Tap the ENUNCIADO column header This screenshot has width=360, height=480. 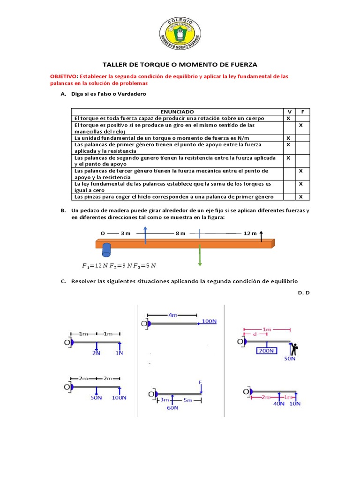point(176,112)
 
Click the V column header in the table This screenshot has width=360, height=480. point(289,112)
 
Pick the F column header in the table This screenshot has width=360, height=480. point(303,112)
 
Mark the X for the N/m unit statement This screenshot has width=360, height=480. point(289,138)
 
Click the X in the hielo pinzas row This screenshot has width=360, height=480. point(301,197)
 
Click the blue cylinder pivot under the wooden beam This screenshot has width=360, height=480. point(106,249)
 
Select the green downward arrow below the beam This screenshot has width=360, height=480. point(200,255)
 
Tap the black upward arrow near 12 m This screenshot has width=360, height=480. point(262,235)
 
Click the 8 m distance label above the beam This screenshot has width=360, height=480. point(180,233)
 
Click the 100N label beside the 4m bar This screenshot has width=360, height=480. point(210,322)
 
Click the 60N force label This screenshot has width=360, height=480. point(172,407)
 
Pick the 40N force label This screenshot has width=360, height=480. point(278,404)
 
